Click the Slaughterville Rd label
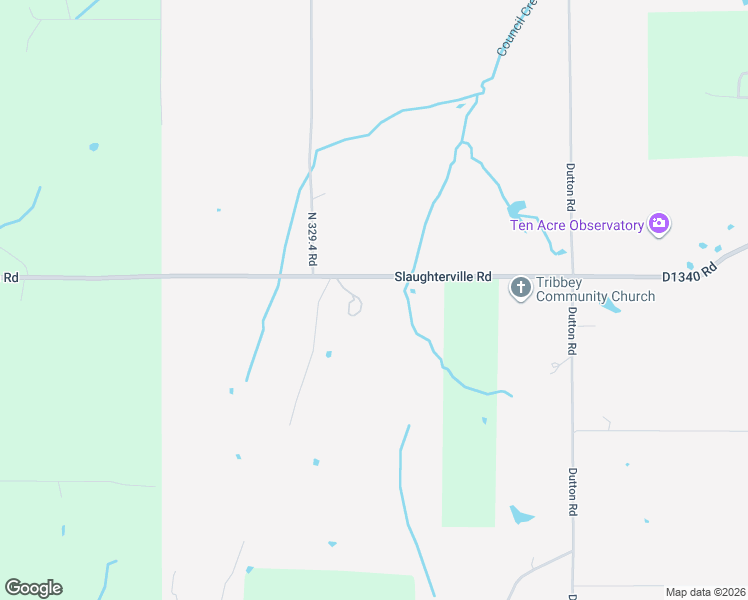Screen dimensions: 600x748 443,276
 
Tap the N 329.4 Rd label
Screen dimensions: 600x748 312,238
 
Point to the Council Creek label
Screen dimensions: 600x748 516,27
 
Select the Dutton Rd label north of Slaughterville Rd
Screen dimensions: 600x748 570,186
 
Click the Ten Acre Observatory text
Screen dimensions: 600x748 577,225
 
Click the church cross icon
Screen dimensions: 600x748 520,288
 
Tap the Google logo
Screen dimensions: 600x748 34,588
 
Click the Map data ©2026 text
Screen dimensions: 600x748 705,592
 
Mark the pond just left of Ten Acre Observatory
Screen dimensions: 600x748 516,210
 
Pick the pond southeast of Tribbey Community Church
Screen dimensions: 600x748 611,305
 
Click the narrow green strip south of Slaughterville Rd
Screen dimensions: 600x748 469,420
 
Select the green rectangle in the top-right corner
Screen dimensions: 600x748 697,85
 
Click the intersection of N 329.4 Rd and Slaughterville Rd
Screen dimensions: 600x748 311,276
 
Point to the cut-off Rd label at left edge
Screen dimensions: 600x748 10,277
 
